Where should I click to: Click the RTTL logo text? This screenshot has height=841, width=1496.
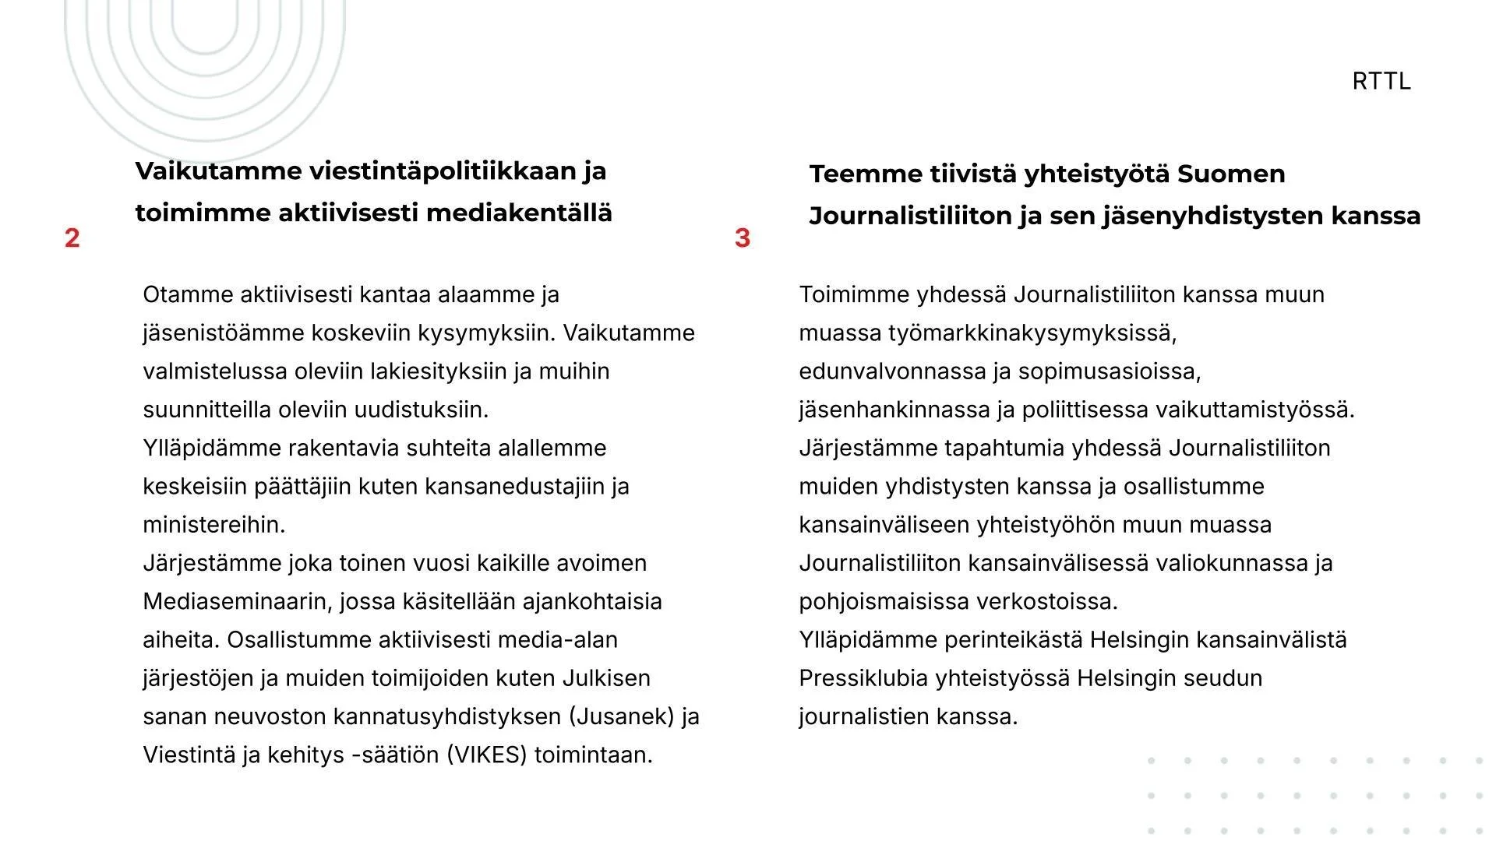click(1381, 81)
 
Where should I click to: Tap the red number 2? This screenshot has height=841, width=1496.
click(72, 238)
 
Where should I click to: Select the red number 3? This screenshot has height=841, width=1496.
click(743, 238)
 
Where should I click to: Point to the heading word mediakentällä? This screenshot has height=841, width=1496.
click(519, 213)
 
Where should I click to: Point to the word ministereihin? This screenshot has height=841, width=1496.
click(213, 525)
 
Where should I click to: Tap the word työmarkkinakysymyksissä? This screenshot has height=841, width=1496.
click(1032, 333)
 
